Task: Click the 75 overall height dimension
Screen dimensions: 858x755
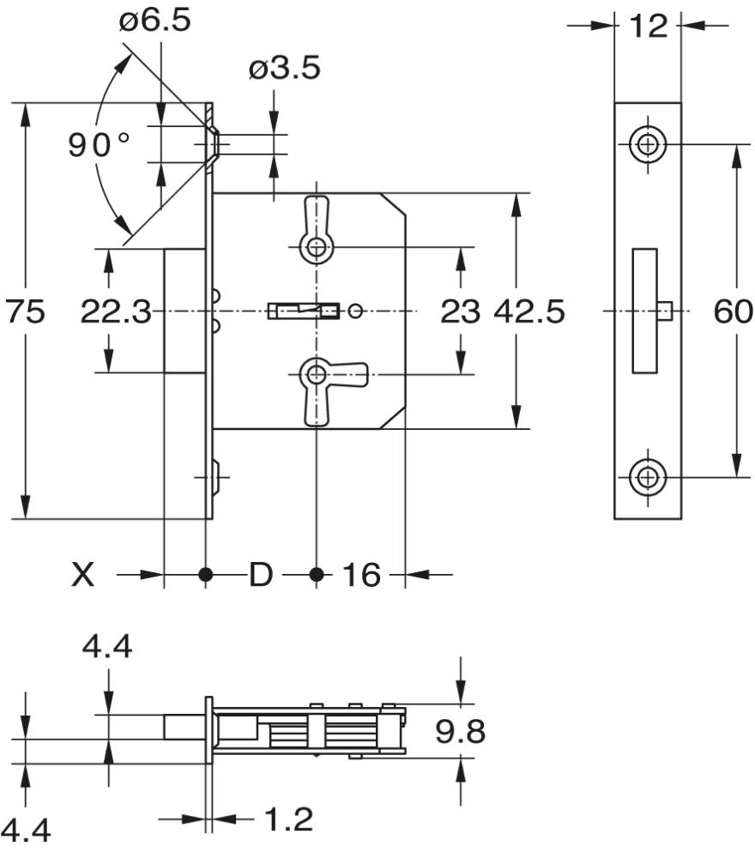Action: (26, 312)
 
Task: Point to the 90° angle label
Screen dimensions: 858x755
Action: (100, 145)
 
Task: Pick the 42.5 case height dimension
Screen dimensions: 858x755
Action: (529, 312)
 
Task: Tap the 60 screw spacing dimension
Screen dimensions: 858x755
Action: (733, 312)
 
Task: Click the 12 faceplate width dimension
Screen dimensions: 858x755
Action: (648, 26)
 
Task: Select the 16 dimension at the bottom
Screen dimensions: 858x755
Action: (361, 575)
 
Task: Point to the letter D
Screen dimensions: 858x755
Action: (260, 575)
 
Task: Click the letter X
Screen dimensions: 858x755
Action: (82, 575)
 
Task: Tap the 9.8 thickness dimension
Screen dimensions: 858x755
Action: (460, 732)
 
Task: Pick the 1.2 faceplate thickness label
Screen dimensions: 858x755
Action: (287, 820)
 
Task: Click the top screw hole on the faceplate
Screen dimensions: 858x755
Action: (648, 145)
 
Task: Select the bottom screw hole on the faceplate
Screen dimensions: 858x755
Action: (648, 477)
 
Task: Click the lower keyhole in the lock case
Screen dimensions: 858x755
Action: (317, 374)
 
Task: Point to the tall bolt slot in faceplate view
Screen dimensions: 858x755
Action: (644, 311)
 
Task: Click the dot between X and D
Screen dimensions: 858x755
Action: (205, 574)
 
